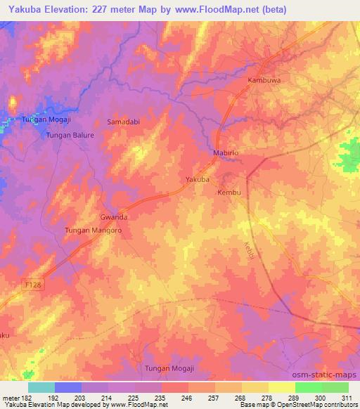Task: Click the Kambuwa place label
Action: (264, 81)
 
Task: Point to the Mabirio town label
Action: (227, 152)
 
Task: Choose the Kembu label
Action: (229, 193)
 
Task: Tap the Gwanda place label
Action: (114, 217)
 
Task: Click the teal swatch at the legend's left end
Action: (41, 387)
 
